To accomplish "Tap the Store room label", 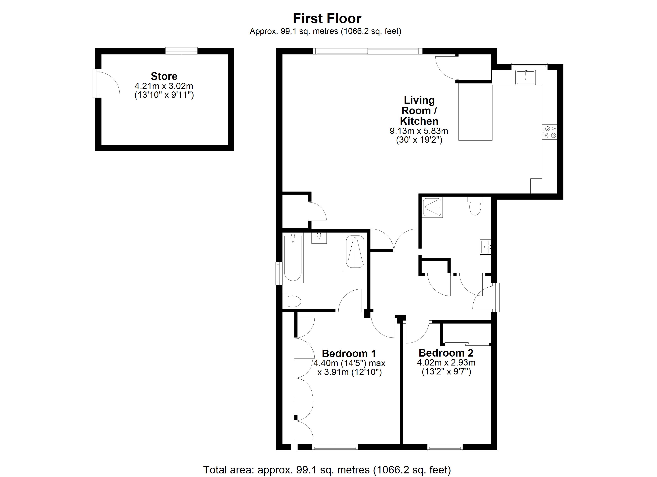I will (164, 76).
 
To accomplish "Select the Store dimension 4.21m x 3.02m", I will (164, 86).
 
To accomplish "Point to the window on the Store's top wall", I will (181, 51).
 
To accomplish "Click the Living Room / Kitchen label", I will (419, 111).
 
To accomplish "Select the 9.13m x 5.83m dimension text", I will (419, 131).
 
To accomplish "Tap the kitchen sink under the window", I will (525, 77).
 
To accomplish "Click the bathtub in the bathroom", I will (293, 258).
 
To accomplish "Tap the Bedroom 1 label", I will (349, 354).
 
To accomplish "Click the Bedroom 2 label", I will (446, 353).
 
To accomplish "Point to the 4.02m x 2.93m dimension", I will (446, 363).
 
